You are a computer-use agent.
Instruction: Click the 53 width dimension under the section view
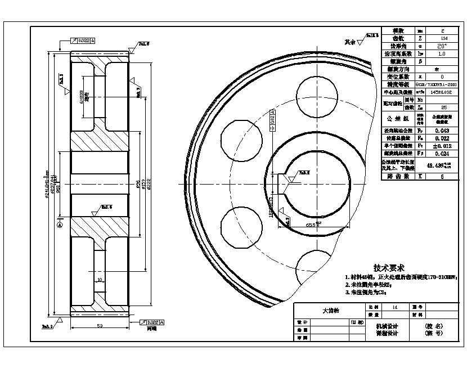point(100,325)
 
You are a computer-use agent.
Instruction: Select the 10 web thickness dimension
point(99,279)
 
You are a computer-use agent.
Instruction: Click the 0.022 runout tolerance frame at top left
point(83,41)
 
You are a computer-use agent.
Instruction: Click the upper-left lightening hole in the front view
point(239,138)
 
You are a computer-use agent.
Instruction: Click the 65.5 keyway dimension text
point(313,225)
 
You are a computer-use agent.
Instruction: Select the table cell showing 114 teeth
point(443,38)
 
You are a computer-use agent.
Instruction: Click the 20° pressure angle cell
point(443,46)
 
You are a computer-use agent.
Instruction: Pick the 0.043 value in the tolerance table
point(443,131)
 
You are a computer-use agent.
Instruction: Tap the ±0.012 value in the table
point(443,146)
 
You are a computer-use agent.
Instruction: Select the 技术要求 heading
point(389,268)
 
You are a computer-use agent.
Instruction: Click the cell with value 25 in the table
point(443,107)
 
